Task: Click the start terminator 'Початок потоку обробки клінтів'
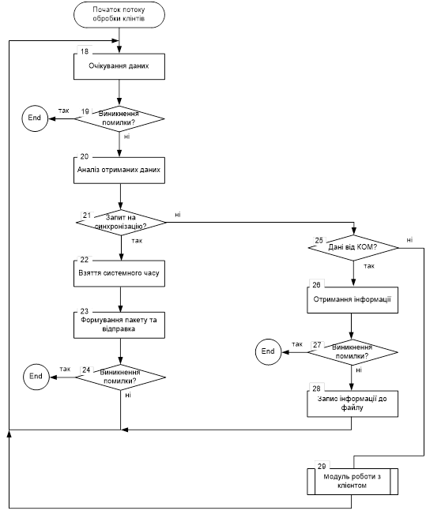tap(119, 14)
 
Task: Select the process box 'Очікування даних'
tap(119, 66)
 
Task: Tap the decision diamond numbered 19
tap(119, 118)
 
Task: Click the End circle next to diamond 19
tap(35, 118)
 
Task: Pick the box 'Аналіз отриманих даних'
tap(119, 171)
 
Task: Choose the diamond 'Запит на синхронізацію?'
tap(121, 223)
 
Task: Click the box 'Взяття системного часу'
tap(119, 273)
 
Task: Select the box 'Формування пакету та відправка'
tap(119, 325)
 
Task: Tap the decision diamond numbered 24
tap(120, 377)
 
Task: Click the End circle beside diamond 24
tap(36, 377)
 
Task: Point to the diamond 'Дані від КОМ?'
tap(353, 247)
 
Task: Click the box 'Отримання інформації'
tap(352, 300)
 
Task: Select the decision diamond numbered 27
tap(353, 352)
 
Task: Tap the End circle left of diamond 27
tap(268, 352)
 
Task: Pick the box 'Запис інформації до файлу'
tap(352, 404)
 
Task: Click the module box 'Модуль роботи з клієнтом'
tap(352, 482)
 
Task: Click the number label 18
tap(85, 51)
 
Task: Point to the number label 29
tap(322, 466)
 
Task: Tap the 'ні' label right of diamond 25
tap(409, 240)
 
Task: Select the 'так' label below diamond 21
tap(137, 241)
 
